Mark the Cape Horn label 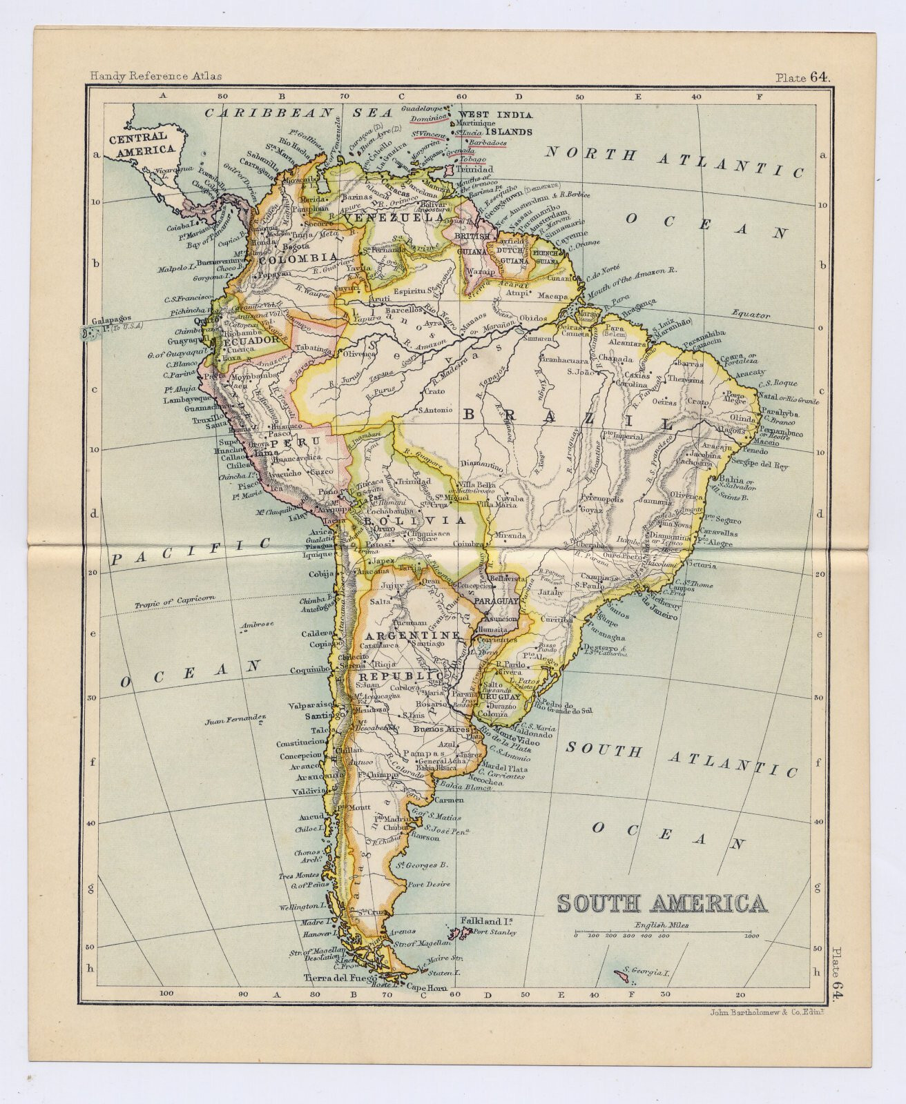click(x=424, y=987)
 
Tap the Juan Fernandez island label click(x=235, y=721)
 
